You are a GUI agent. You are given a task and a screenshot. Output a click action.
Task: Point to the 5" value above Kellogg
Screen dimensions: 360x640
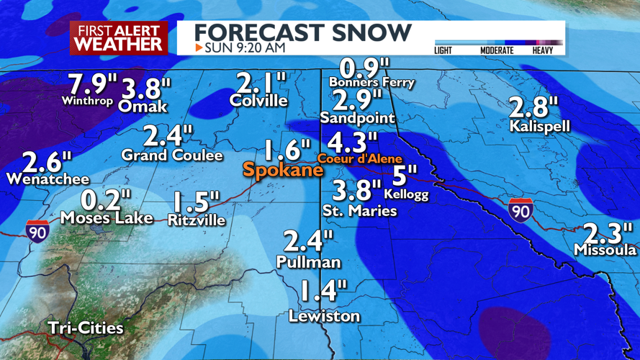click(x=405, y=175)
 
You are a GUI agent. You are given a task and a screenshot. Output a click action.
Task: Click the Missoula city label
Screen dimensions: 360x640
click(x=605, y=250)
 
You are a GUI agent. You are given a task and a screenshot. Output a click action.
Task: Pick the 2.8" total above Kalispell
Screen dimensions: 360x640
click(x=533, y=107)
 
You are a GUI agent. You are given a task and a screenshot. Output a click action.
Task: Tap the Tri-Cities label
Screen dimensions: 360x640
click(x=86, y=328)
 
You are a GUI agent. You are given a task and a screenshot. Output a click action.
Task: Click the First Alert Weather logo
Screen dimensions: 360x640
click(x=119, y=37)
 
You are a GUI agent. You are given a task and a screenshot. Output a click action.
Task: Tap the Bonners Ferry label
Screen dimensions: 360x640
click(x=371, y=82)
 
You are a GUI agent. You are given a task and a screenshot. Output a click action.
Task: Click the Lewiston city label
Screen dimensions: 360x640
click(x=324, y=316)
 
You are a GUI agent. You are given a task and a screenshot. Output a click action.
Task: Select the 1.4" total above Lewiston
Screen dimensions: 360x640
click(x=322, y=292)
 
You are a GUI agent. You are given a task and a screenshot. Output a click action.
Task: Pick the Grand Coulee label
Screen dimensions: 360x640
click(x=172, y=155)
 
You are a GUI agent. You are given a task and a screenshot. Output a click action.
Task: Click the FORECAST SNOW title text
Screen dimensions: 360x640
click(x=303, y=32)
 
